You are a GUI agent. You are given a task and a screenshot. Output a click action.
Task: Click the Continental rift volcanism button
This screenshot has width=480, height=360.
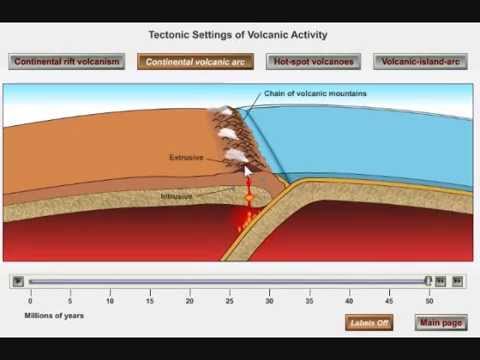pyautogui.click(x=68, y=62)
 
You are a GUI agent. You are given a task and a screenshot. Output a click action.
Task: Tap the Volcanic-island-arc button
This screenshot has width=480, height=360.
pyautogui.click(x=422, y=62)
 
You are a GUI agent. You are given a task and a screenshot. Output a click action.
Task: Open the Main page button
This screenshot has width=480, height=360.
pyautogui.click(x=441, y=323)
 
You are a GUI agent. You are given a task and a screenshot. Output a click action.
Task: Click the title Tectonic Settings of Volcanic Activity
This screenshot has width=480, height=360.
pyautogui.click(x=237, y=35)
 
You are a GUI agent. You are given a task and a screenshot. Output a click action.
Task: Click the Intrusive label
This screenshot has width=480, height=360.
pyautogui.click(x=176, y=196)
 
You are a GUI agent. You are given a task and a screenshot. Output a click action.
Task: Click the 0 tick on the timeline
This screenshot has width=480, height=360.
pyautogui.click(x=30, y=299)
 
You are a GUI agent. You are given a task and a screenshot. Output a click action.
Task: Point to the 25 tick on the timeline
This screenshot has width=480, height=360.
pyautogui.click(x=230, y=299)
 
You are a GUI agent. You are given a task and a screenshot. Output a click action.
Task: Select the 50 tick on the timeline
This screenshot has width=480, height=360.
pyautogui.click(x=430, y=299)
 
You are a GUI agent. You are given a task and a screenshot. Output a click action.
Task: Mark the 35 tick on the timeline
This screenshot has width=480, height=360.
pyautogui.click(x=310, y=299)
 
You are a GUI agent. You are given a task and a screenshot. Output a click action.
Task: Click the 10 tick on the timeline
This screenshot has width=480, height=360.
pyautogui.click(x=110, y=299)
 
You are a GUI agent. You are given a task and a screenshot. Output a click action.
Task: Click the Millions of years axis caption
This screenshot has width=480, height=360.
pyautogui.click(x=54, y=315)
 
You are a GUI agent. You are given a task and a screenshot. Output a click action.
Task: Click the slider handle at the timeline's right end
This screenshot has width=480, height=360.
pyautogui.click(x=428, y=282)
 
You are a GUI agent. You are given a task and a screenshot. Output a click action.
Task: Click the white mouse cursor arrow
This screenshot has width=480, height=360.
pyautogui.click(x=248, y=171)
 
